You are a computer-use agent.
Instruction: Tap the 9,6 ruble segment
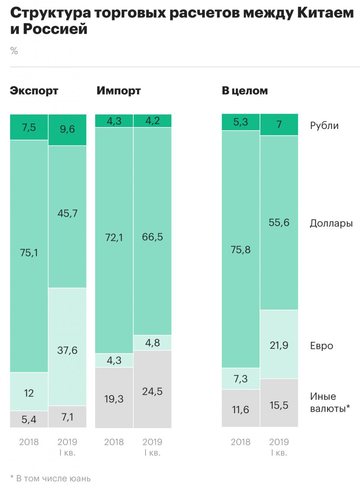tap(67, 130)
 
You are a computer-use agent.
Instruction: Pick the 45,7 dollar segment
tap(67, 216)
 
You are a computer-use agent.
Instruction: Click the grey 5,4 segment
tap(29, 419)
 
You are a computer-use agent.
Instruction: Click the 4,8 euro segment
tap(152, 342)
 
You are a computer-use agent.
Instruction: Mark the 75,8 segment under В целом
tap(241, 249)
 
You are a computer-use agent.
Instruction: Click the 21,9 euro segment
tap(279, 344)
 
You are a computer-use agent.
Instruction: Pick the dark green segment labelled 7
tap(279, 125)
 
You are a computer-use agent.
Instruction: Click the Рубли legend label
tap(324, 126)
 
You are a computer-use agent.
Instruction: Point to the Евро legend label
tap(321, 346)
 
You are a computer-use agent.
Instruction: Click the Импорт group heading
tap(118, 91)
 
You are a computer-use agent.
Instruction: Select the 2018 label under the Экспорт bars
tap(29, 442)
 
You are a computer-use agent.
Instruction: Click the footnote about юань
tap(50, 478)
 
